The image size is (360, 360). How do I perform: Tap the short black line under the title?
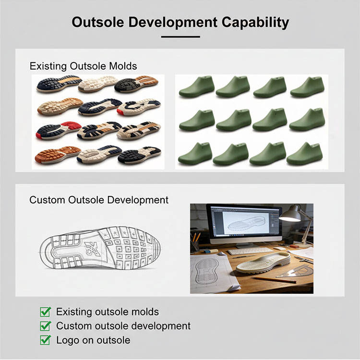180,36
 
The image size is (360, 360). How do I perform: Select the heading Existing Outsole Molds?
83,66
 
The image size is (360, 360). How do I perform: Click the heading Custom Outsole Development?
99,200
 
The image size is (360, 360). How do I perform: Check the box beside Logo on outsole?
46,340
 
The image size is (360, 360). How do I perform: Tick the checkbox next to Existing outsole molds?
46,312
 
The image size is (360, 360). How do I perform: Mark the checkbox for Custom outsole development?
46,326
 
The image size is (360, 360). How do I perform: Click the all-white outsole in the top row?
97,84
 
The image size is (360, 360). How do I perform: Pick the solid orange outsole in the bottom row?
58,155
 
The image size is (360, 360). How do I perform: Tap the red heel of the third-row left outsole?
71,126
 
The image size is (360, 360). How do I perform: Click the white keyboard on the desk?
250,250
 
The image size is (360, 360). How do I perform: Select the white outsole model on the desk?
263,263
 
